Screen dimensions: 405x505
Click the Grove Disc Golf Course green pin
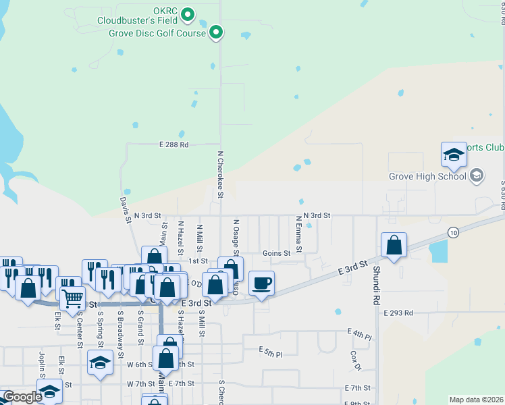click(216, 32)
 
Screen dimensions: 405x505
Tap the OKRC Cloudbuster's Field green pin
click(188, 13)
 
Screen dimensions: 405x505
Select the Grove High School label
click(427, 177)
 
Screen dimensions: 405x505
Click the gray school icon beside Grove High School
click(477, 176)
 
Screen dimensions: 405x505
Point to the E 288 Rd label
click(174, 144)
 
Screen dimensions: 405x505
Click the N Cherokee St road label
click(220, 175)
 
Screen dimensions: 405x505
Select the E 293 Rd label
click(398, 313)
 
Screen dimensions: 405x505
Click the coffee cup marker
click(261, 283)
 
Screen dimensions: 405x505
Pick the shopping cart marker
click(72, 296)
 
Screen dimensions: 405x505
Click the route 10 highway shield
click(452, 232)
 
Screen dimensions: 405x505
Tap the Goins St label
click(276, 254)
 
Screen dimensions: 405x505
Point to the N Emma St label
click(298, 232)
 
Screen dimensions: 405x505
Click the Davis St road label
click(125, 210)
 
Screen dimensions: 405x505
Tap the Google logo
click(22, 397)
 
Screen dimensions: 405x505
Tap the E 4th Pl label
click(360, 333)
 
